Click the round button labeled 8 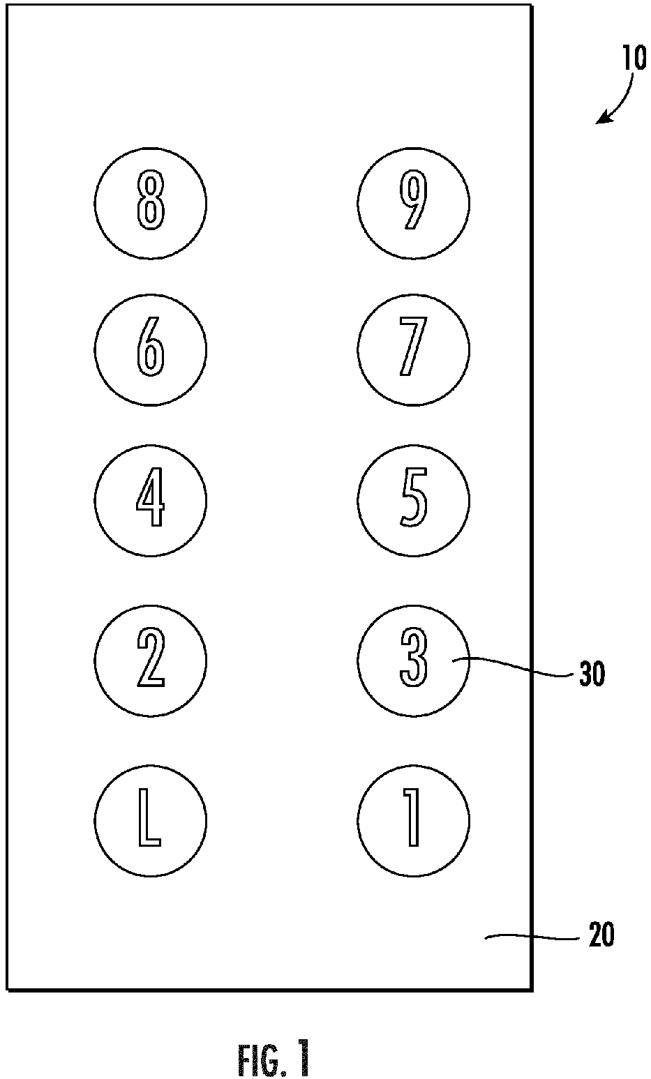pyautogui.click(x=150, y=203)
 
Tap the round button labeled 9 pyautogui.click(x=414, y=203)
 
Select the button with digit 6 pyautogui.click(x=150, y=350)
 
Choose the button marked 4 pyautogui.click(x=150, y=501)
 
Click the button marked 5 pyautogui.click(x=414, y=501)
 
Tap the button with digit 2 pyautogui.click(x=150, y=661)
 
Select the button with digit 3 pyautogui.click(x=414, y=661)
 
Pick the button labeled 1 pyautogui.click(x=414, y=820)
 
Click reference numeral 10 pyautogui.click(x=634, y=59)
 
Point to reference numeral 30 pyautogui.click(x=592, y=673)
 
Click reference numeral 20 pyautogui.click(x=601, y=935)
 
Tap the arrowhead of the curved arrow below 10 pyautogui.click(x=601, y=119)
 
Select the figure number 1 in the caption pyautogui.click(x=303, y=1058)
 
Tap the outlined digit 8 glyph pyautogui.click(x=151, y=200)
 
